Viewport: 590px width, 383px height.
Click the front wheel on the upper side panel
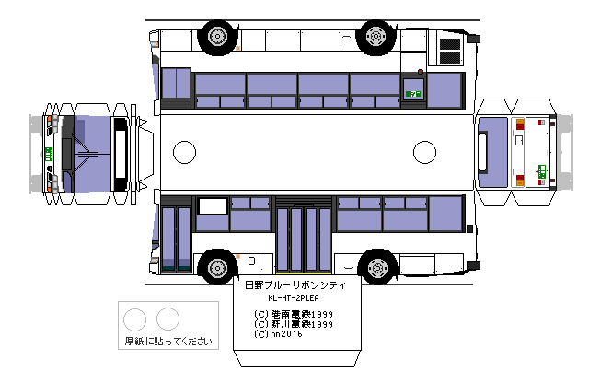click(217, 35)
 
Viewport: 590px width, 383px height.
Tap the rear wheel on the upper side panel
click(375, 35)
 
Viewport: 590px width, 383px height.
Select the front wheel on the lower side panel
click(217, 266)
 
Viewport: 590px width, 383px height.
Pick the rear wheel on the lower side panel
click(375, 266)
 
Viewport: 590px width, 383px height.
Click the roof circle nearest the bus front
click(185, 151)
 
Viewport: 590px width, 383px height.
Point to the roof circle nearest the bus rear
click(424, 151)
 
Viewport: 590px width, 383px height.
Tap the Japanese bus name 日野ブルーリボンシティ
click(295, 286)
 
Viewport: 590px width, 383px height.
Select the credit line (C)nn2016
click(279, 333)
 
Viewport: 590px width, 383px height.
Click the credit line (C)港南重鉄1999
click(295, 315)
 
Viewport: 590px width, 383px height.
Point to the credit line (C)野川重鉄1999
click(295, 324)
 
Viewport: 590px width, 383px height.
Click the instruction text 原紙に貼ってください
click(168, 341)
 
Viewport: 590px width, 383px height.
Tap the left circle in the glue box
click(135, 319)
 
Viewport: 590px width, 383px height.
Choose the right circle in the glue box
click(168, 319)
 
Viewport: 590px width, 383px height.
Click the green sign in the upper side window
click(413, 93)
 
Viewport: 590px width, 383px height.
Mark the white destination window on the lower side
click(212, 206)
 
